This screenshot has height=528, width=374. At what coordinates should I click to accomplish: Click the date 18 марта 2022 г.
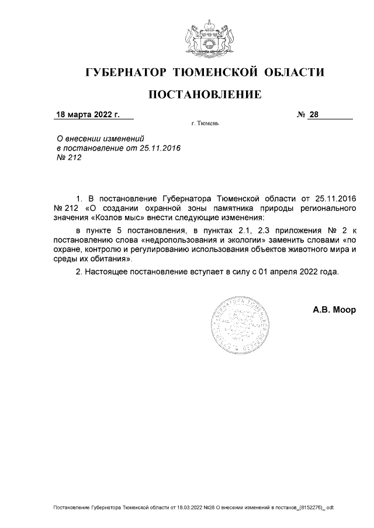point(88,114)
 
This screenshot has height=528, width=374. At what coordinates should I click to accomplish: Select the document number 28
point(314,114)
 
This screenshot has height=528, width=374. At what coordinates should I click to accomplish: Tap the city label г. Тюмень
point(205,124)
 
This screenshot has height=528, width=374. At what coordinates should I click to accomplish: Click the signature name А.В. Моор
point(334,310)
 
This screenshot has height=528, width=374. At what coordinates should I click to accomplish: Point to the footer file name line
point(193,507)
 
